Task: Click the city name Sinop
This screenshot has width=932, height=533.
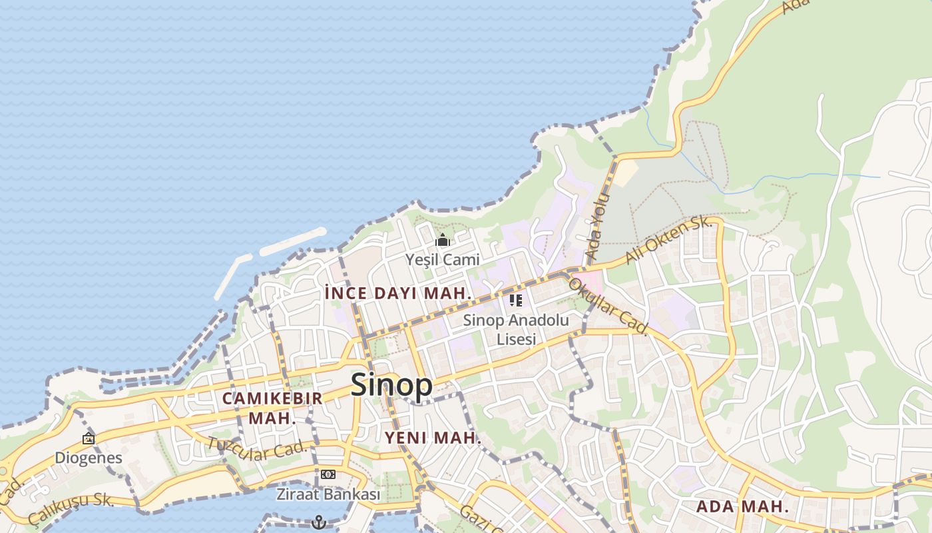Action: (391, 385)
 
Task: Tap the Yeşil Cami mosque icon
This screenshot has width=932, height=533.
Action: (443, 241)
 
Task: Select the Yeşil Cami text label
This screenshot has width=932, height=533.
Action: (443, 259)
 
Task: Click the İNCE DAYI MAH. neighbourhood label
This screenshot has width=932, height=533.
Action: (398, 293)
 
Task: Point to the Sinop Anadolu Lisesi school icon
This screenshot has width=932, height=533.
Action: (516, 300)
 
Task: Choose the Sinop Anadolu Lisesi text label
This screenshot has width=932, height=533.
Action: (516, 329)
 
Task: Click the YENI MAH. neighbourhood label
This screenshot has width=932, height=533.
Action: (433, 438)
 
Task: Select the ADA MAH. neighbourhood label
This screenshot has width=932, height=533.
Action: (742, 506)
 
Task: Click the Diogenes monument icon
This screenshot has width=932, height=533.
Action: (89, 438)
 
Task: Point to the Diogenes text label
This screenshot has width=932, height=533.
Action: (89, 458)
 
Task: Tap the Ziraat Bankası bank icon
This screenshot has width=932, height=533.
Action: (328, 474)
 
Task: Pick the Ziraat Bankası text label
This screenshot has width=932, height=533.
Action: (328, 494)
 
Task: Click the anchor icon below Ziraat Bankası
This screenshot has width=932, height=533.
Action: (319, 522)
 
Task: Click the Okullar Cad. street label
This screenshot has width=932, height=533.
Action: (607, 306)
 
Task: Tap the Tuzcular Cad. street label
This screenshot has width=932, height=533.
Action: (256, 449)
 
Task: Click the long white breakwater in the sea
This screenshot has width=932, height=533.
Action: (293, 241)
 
